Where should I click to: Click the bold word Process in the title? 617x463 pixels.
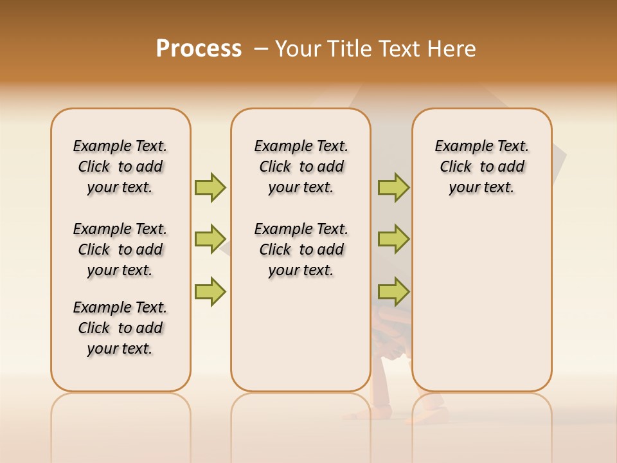tap(199, 49)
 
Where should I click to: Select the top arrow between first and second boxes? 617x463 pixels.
tap(210, 187)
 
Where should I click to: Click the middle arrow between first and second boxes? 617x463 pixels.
tap(210, 239)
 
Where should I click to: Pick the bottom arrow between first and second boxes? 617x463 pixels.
tap(210, 291)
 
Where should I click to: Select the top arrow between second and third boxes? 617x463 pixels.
tap(393, 187)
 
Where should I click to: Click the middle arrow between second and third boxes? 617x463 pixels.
tap(393, 239)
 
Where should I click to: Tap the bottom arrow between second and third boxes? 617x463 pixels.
tap(393, 291)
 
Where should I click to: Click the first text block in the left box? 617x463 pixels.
tap(120, 167)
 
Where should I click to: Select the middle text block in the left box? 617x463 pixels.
tap(120, 250)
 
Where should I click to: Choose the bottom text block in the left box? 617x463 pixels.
tap(120, 328)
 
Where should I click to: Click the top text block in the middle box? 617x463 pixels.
tap(301, 167)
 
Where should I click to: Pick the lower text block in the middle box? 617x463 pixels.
tap(301, 250)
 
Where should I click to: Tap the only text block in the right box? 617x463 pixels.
tap(481, 167)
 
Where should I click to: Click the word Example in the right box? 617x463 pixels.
tap(458, 147)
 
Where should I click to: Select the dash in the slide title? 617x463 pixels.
tap(261, 49)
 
